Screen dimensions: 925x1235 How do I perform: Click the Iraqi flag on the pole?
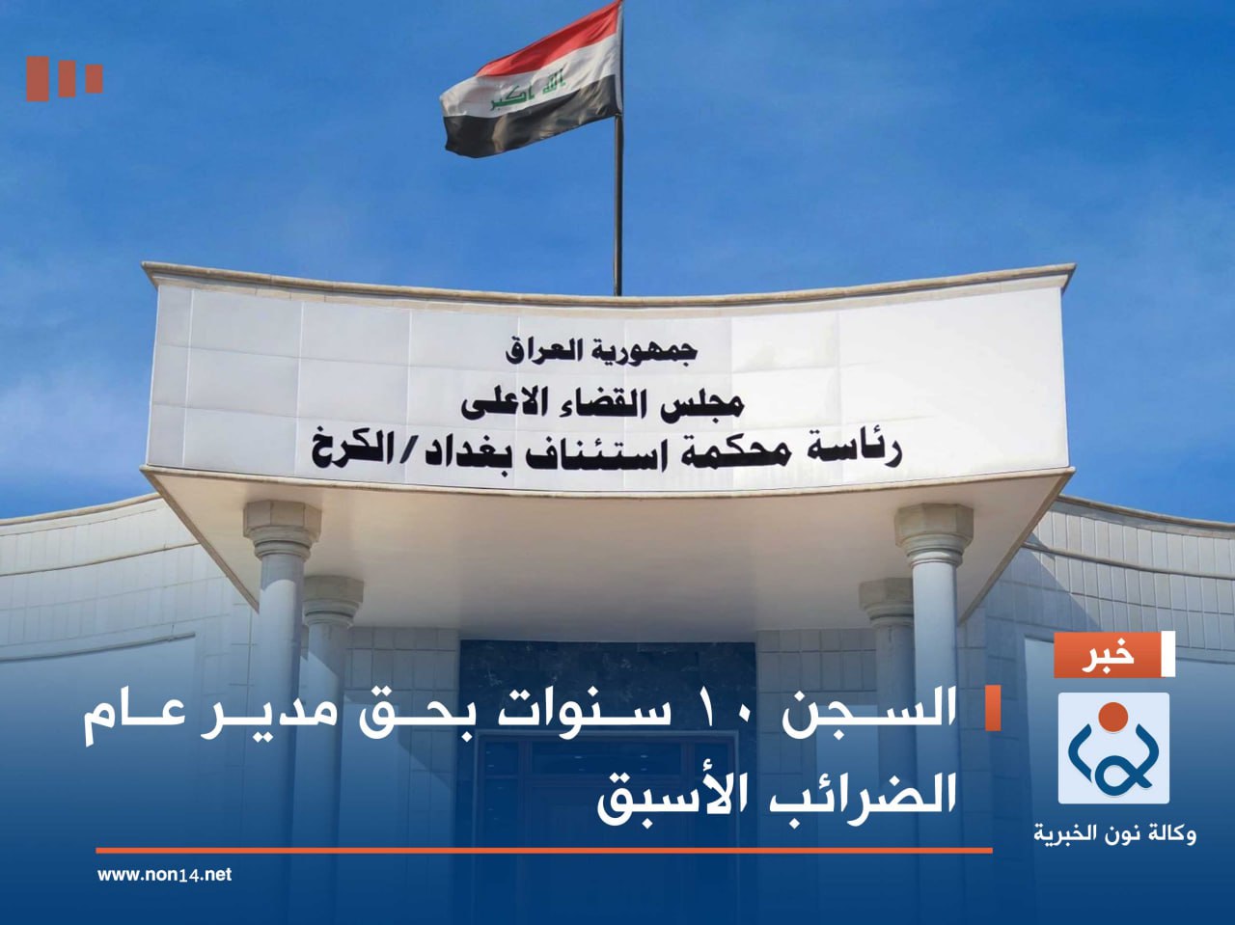coord(531,82)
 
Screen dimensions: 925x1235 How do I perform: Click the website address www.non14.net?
coord(164,875)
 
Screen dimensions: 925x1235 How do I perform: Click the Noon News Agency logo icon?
coord(1113,748)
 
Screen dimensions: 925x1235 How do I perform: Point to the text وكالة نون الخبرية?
coord(1114,832)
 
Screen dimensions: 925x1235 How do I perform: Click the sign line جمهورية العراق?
coord(600,350)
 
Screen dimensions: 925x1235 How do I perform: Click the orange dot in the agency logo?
coord(1113,717)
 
